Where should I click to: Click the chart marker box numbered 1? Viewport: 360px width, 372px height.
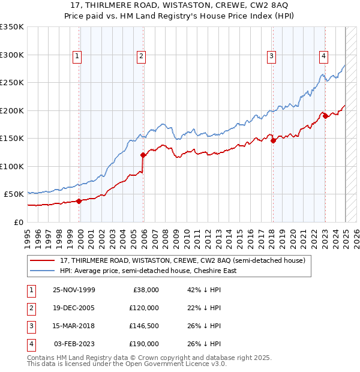click(77, 56)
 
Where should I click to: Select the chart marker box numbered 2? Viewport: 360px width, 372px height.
click(141, 56)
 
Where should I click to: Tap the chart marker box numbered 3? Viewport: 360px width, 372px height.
click(271, 56)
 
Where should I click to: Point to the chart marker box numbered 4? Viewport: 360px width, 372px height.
click(323, 56)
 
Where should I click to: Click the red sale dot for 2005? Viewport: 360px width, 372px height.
click(143, 155)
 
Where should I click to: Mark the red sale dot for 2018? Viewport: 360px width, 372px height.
click(273, 140)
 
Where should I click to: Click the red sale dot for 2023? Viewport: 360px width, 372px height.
click(325, 116)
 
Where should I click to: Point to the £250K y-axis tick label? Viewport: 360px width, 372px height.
click(12, 82)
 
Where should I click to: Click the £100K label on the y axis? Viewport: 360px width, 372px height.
click(12, 166)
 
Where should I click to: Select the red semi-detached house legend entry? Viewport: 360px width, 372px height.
click(183, 260)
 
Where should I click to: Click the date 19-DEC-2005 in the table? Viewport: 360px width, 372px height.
click(74, 308)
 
